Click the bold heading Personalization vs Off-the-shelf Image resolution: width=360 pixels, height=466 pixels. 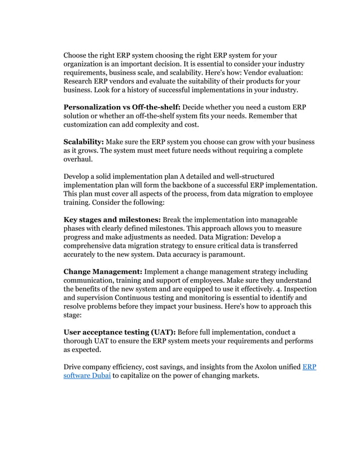point(114,107)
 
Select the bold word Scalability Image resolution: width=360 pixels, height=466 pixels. point(83,142)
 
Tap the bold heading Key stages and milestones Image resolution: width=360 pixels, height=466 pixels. point(112,219)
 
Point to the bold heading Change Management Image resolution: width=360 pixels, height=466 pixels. point(103,271)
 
